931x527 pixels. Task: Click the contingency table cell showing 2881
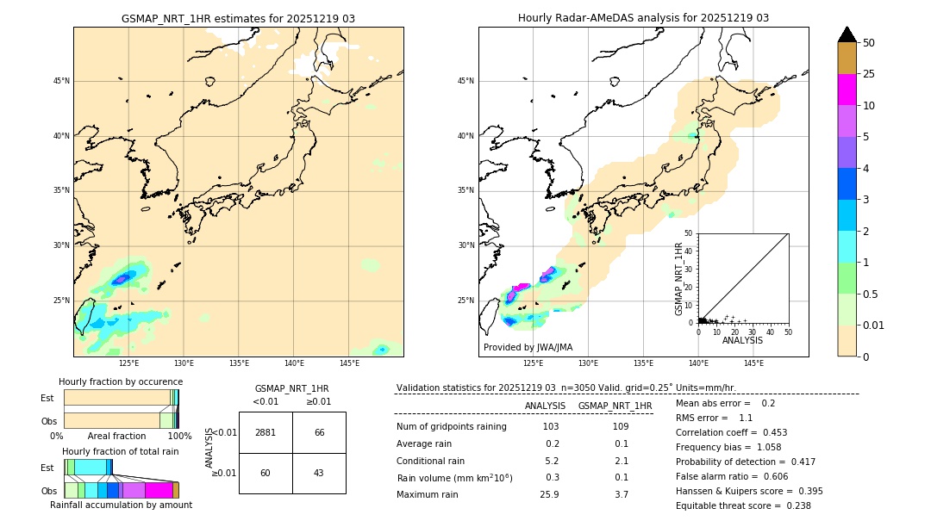pyautogui.click(x=266, y=432)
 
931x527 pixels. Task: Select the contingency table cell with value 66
pyautogui.click(x=319, y=432)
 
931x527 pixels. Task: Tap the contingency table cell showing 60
pyautogui.click(x=266, y=473)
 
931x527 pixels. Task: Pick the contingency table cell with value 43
pyautogui.click(x=319, y=473)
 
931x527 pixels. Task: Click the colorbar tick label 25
pyautogui.click(x=869, y=75)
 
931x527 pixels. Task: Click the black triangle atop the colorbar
pyautogui.click(x=847, y=34)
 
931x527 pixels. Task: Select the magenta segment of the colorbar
pyautogui.click(x=847, y=90)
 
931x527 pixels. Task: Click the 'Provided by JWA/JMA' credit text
pyautogui.click(x=528, y=348)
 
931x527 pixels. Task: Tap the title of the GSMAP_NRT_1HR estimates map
pyautogui.click(x=238, y=18)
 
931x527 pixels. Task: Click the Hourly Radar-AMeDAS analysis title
pyautogui.click(x=643, y=18)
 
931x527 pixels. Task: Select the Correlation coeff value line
pyautogui.click(x=731, y=432)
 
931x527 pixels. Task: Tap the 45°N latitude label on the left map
pyautogui.click(x=61, y=81)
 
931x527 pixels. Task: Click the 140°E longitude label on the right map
pyautogui.click(x=698, y=363)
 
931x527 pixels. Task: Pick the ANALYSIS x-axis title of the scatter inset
pyautogui.click(x=742, y=341)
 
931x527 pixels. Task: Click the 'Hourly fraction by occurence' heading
pyautogui.click(x=121, y=381)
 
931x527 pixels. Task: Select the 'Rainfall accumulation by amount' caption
pyautogui.click(x=121, y=505)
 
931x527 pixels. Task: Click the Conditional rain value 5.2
pyautogui.click(x=552, y=461)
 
